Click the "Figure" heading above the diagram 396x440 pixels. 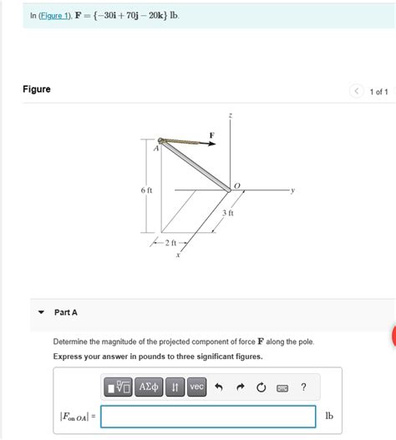(x=37, y=89)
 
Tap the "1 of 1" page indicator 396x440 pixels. (x=378, y=91)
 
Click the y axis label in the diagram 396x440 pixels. (x=292, y=190)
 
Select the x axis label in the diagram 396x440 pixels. (x=178, y=255)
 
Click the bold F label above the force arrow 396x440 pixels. (x=211, y=134)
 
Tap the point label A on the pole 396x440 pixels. (x=155, y=149)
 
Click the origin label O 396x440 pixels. (x=236, y=185)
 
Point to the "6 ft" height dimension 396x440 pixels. (x=146, y=190)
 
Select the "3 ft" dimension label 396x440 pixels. (x=228, y=213)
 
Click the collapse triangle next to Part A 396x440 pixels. (x=41, y=312)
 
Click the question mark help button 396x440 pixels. (x=303, y=387)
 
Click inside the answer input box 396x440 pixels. (x=208, y=416)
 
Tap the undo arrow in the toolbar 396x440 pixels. (x=219, y=387)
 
